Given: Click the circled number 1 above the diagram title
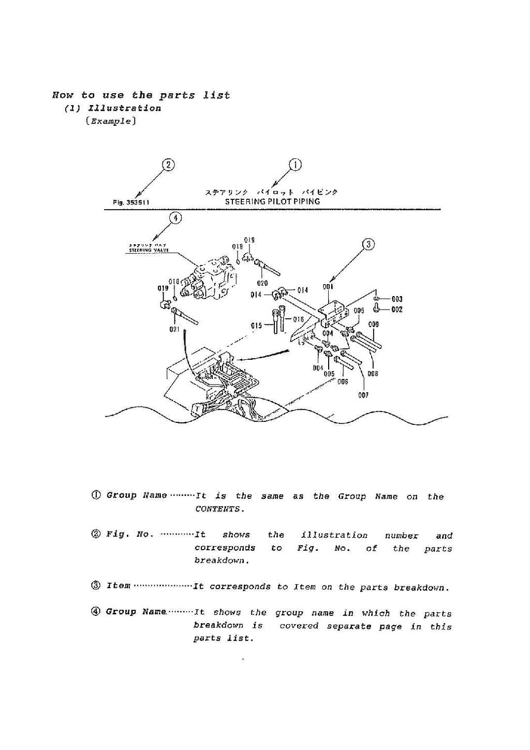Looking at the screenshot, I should (x=295, y=165).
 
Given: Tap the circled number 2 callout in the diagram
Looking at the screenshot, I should (x=168, y=165).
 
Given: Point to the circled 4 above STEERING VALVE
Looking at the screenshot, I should (x=176, y=218).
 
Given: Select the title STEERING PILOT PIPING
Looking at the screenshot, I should (x=272, y=201).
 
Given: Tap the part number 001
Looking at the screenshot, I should (x=328, y=287).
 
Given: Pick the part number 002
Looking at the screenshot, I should (x=397, y=310).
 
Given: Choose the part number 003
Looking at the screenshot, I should (x=397, y=299).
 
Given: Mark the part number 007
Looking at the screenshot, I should (x=363, y=395).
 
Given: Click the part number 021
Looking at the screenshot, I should (x=174, y=329).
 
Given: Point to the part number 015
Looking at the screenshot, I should (x=256, y=326).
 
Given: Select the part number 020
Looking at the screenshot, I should (x=262, y=283).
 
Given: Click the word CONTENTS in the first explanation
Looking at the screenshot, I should (x=218, y=509).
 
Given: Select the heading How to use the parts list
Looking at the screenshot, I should (x=141, y=95).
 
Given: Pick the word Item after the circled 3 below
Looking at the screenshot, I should (x=118, y=585).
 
